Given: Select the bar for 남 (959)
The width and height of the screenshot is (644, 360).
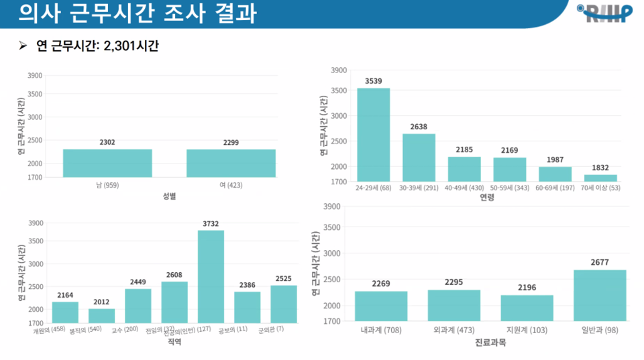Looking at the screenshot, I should click(107, 163).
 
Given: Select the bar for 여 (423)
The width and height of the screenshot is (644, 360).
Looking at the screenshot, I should click(231, 163).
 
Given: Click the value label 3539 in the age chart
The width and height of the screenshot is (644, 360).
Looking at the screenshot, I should click(374, 81).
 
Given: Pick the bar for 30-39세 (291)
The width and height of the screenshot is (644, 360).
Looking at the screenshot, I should click(419, 158).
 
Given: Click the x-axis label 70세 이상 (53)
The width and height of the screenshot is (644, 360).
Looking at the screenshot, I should click(600, 188).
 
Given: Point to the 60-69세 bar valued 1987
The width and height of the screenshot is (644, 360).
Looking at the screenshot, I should click(555, 174).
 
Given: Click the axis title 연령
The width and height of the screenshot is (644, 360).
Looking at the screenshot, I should click(487, 198).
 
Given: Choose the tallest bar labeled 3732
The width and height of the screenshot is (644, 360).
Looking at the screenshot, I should click(211, 276).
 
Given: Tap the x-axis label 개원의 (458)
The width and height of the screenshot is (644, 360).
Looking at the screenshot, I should click(49, 330).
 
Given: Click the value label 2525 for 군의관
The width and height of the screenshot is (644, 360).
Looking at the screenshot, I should click(284, 278).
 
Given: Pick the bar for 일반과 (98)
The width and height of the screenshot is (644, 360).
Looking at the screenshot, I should click(600, 295).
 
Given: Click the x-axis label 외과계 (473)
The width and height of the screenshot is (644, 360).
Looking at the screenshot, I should click(453, 330).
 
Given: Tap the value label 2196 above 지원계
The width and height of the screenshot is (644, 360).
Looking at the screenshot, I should click(527, 288).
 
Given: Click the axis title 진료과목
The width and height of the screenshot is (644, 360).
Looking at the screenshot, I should click(490, 343).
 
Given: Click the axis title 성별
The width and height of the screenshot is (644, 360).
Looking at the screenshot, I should click(169, 196).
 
